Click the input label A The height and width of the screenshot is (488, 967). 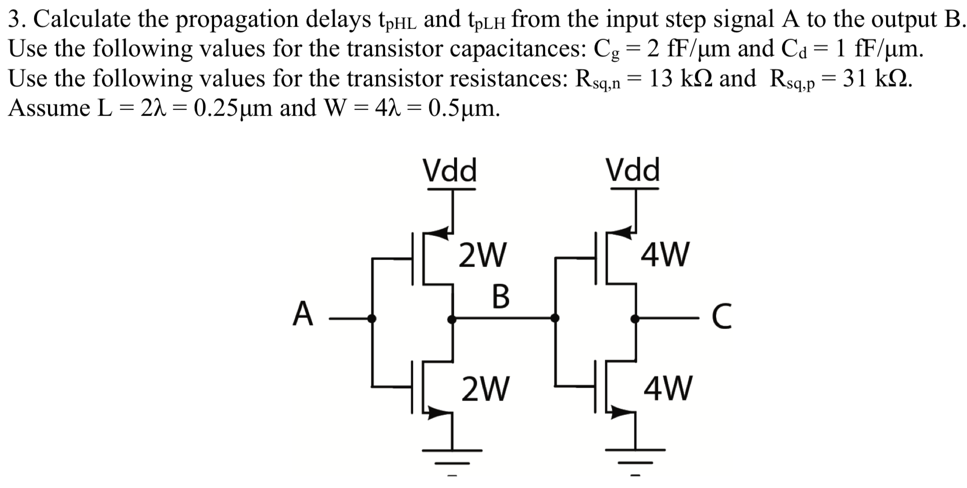click(303, 314)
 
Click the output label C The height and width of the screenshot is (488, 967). click(721, 317)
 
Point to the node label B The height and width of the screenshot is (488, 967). click(500, 296)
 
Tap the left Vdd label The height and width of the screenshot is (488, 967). click(450, 170)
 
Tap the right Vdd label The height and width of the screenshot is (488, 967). click(633, 170)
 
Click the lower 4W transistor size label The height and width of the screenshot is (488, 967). click(668, 389)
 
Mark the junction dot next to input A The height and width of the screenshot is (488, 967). click(371, 318)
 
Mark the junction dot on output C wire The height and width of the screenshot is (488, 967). click(635, 318)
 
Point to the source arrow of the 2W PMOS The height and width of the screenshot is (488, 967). click(440, 231)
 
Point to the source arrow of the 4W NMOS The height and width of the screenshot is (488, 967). click(622, 412)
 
